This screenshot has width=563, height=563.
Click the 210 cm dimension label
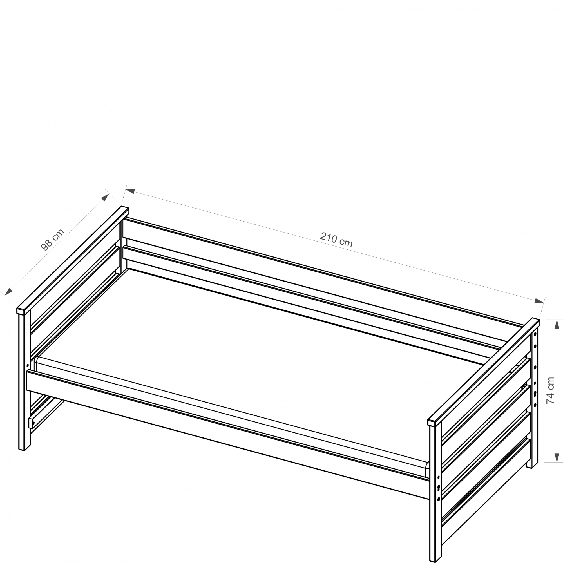pyautogui.click(x=336, y=240)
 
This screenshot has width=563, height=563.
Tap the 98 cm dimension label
pyautogui.click(x=52, y=240)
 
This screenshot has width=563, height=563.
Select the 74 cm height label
pyautogui.click(x=550, y=390)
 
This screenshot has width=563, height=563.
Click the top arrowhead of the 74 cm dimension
pyautogui.click(x=557, y=324)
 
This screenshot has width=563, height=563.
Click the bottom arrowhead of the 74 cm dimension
pyautogui.click(x=557, y=457)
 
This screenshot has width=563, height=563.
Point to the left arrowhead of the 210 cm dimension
pyautogui.click(x=130, y=191)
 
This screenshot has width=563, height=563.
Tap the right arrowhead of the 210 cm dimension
pyautogui.click(x=539, y=300)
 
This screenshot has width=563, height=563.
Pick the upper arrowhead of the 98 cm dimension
pyautogui.click(x=105, y=197)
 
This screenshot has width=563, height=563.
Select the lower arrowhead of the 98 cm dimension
pyautogui.click(x=8, y=292)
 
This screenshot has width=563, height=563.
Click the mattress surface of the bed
pyautogui.click(x=233, y=344)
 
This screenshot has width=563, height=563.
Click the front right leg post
pyautogui.click(x=435, y=492)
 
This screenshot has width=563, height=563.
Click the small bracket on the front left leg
pyautogui.click(x=31, y=423)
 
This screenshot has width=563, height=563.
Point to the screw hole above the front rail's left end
pyautogui.click(x=28, y=365)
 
